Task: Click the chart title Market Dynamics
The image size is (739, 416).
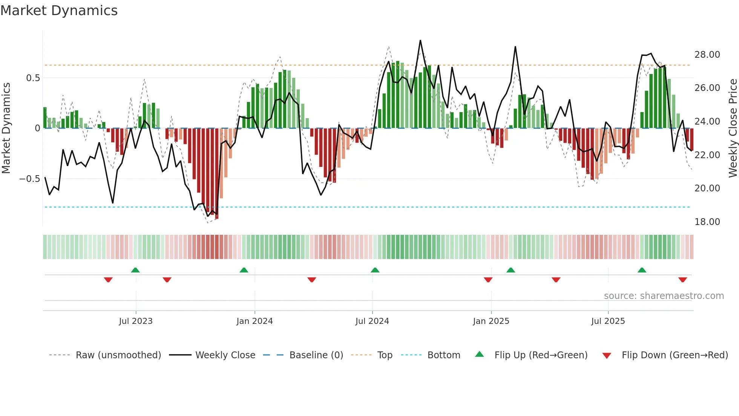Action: tap(59, 11)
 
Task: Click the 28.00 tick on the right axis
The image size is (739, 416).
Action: tap(707, 55)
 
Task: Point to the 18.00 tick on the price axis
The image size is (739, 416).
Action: tap(707, 222)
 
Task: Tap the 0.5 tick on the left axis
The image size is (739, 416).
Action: tap(33, 78)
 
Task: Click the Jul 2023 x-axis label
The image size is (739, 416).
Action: tap(136, 321)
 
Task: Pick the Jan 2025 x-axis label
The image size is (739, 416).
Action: tap(491, 321)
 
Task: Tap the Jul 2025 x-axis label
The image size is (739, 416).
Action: tap(608, 321)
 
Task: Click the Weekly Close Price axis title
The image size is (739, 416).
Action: tap(733, 128)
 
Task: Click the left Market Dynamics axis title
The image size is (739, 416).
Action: tap(6, 128)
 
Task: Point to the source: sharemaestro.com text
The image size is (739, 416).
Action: tap(664, 296)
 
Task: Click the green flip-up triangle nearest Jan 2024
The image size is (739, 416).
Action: tap(244, 270)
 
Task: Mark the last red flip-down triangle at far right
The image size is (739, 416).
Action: tap(682, 280)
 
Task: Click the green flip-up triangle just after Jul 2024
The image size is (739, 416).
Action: tap(375, 270)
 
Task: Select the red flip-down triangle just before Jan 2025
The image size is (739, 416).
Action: tap(488, 280)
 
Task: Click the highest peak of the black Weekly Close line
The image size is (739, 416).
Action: tap(420, 41)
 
